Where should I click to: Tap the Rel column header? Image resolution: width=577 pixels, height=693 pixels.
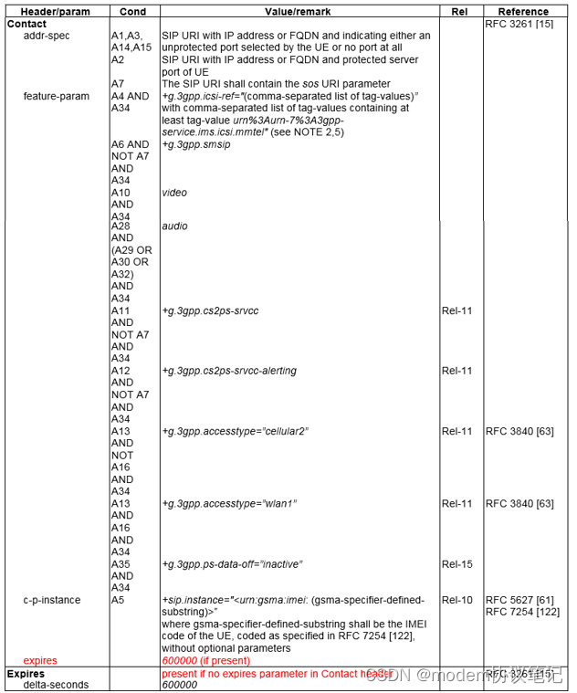pos(459,12)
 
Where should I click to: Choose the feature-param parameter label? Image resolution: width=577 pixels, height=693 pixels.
pos(57,96)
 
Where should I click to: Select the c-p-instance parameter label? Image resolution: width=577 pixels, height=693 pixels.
pos(52,600)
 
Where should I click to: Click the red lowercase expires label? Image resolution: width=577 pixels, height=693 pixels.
pos(40,660)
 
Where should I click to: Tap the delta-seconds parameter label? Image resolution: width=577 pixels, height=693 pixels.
pos(57,684)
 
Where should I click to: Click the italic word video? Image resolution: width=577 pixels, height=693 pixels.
pos(174,193)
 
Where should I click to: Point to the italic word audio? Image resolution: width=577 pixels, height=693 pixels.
pos(174,226)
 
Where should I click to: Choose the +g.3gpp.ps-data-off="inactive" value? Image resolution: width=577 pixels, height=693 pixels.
pos(232,564)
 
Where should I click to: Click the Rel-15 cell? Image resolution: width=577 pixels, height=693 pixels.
pos(456,564)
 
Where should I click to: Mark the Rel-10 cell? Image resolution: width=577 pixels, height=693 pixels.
pos(456,600)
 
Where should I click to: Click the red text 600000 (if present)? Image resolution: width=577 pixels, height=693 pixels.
pos(205,660)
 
